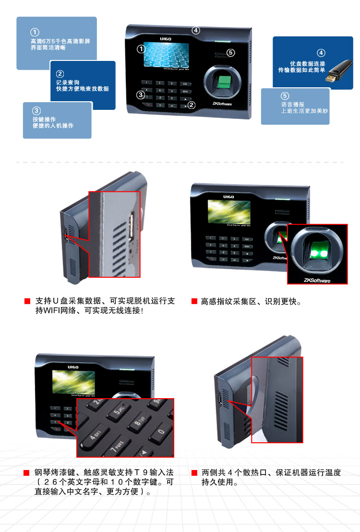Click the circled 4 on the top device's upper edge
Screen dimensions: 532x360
coord(195,30)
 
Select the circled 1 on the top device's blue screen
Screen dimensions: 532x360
coord(141,48)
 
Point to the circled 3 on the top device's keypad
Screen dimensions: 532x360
coord(140,95)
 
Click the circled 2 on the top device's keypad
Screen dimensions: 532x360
coord(192,105)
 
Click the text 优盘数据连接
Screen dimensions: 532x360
coord(308,63)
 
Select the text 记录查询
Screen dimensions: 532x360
coord(68,83)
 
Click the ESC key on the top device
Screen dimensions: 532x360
coord(184,83)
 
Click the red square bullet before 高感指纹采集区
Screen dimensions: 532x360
coord(194,301)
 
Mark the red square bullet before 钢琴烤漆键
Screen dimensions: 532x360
coord(28,473)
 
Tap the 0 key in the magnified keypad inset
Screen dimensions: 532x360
coord(161,431)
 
